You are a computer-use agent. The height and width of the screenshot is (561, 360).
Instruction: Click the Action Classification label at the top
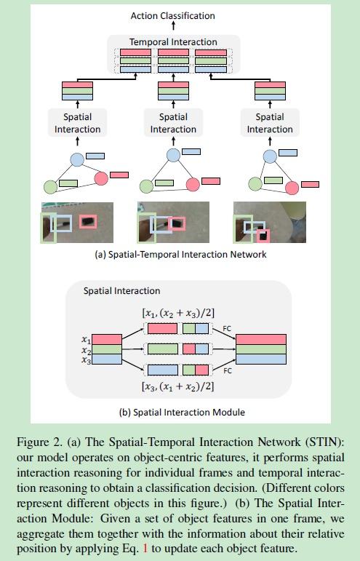tap(173, 15)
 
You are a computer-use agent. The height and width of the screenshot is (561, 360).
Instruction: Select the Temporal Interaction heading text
tap(173, 42)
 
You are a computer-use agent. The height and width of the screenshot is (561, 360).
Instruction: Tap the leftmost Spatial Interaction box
tap(77, 122)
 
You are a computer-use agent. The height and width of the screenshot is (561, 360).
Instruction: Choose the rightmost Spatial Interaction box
tap(269, 122)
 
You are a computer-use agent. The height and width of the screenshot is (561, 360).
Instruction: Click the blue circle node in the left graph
tap(77, 159)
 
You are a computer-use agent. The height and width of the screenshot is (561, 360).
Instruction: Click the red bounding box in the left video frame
tap(88, 221)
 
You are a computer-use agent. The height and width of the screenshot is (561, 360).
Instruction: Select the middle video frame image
tap(173, 222)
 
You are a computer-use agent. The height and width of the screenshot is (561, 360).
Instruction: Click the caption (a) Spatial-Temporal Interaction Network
tap(180, 254)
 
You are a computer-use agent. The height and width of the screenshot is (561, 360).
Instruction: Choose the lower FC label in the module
tap(227, 370)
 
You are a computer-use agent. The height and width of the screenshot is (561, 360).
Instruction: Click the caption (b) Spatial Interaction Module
tap(181, 412)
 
